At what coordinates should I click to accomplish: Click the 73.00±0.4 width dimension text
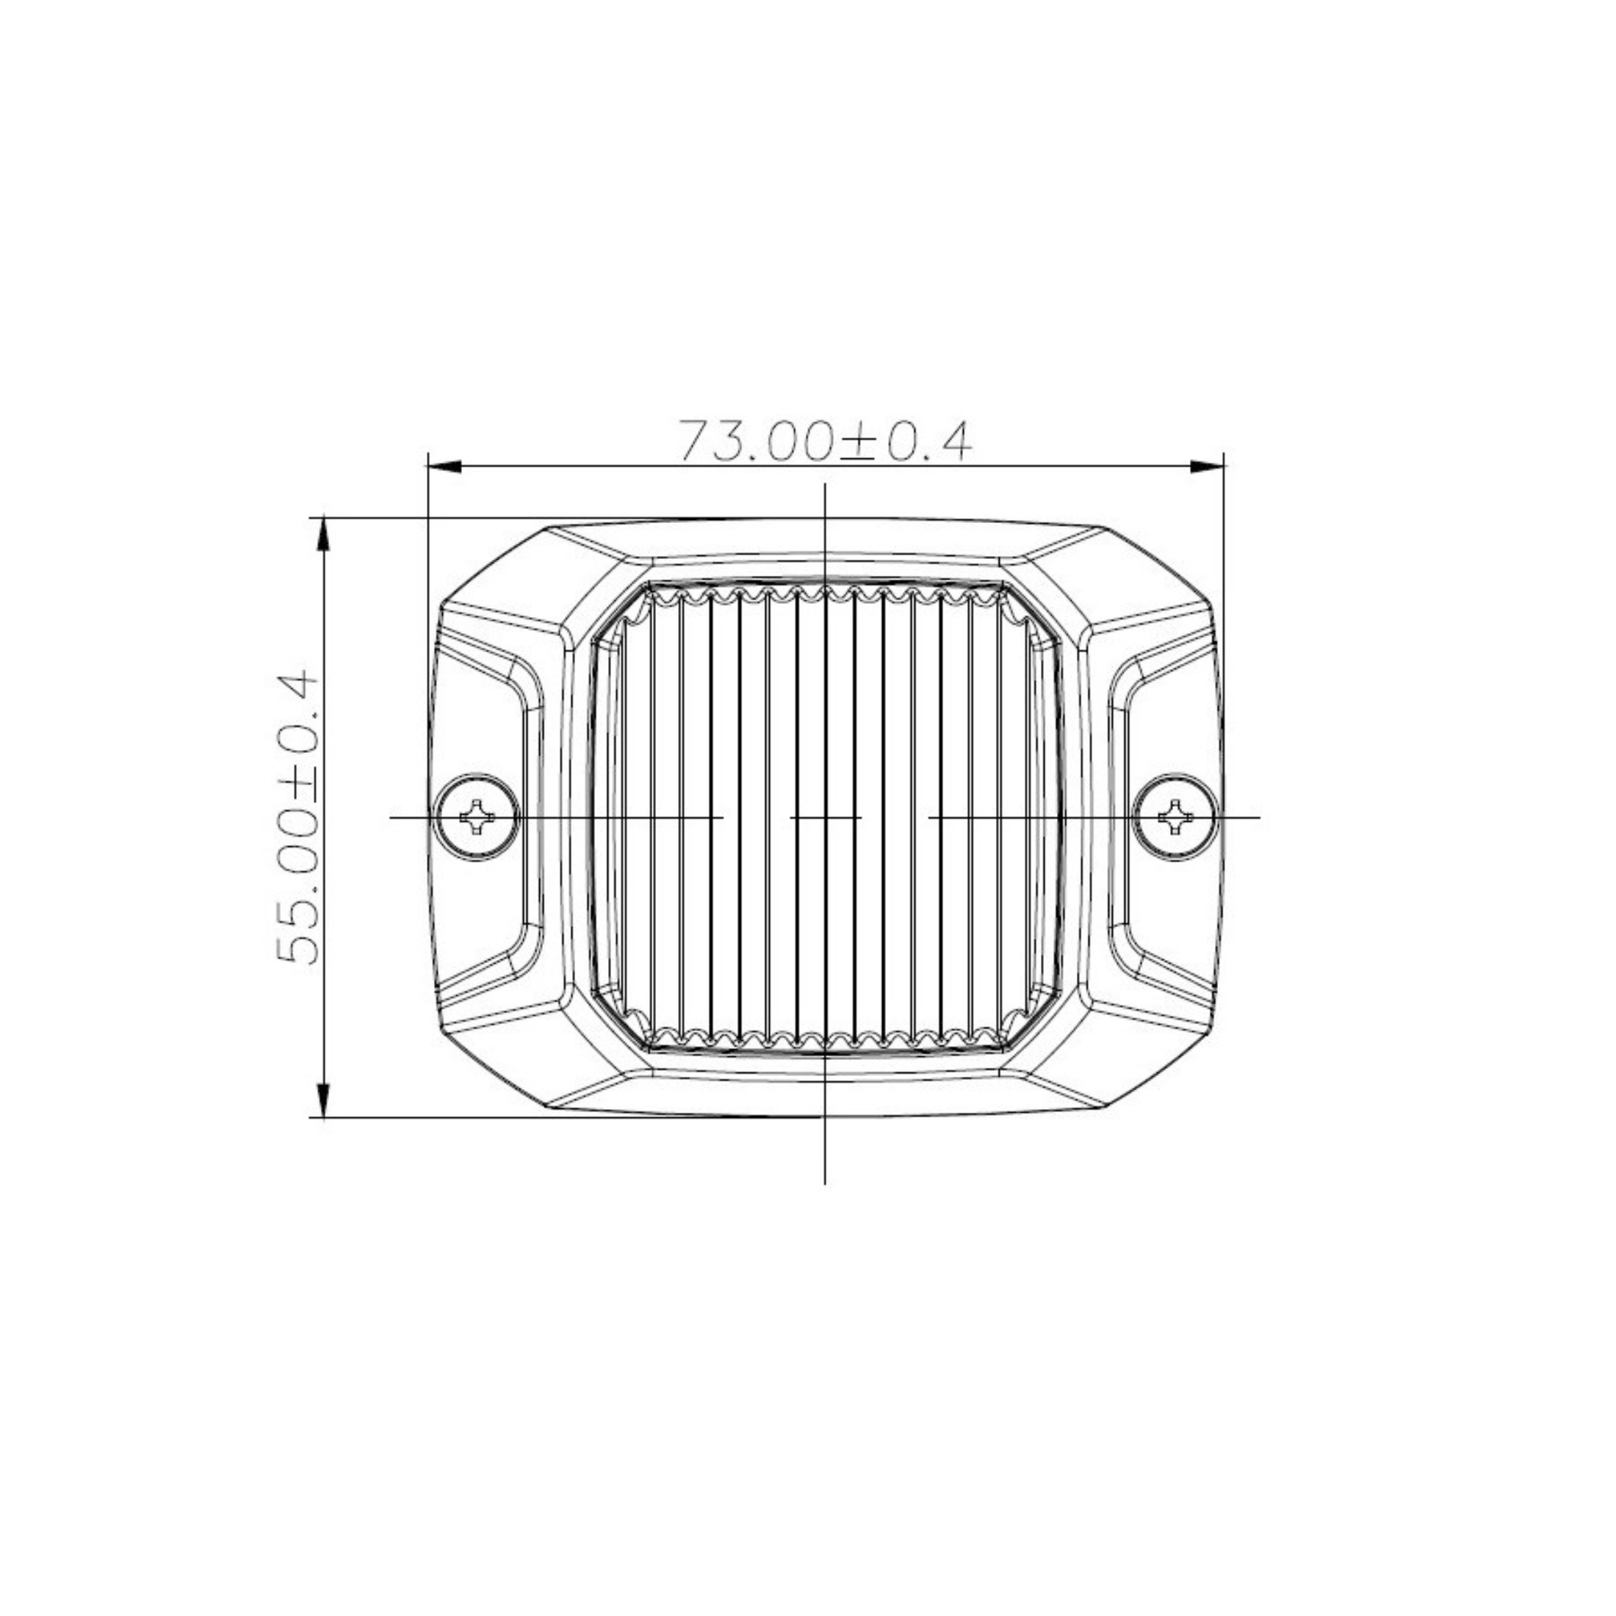[825, 441]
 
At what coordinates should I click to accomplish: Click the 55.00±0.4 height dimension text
[297, 818]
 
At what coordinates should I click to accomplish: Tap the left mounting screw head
[477, 816]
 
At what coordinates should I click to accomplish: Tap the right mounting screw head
[1176, 816]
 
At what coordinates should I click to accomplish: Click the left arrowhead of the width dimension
[444, 466]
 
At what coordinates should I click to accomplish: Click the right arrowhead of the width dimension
[1207, 466]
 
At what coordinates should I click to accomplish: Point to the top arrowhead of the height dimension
[324, 535]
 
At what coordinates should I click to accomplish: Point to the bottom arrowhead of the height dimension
[324, 1100]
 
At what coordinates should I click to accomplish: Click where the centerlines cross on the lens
[826, 816]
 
